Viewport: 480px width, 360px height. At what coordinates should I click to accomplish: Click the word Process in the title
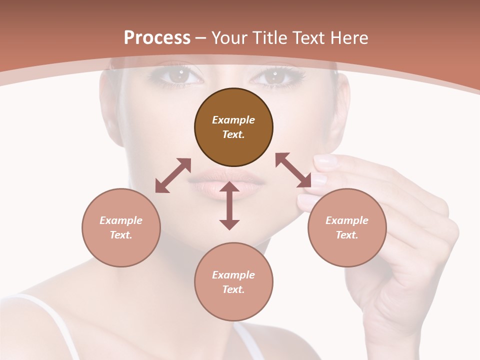pyautogui.click(x=157, y=37)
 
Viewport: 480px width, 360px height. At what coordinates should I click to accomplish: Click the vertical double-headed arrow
pyautogui.click(x=229, y=205)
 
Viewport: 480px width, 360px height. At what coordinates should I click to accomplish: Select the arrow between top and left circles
pyautogui.click(x=173, y=175)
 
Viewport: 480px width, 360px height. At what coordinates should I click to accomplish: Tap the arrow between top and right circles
pyautogui.click(x=293, y=170)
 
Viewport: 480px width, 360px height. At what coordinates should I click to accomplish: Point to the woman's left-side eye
pyautogui.click(x=178, y=76)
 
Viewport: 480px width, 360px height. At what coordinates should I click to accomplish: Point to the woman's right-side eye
pyautogui.click(x=274, y=76)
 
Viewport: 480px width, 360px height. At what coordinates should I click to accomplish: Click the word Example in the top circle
pyautogui.click(x=233, y=120)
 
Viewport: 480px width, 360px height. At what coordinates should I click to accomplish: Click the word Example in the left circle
pyautogui.click(x=121, y=220)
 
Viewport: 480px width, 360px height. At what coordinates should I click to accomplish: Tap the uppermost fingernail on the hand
pyautogui.click(x=325, y=160)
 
